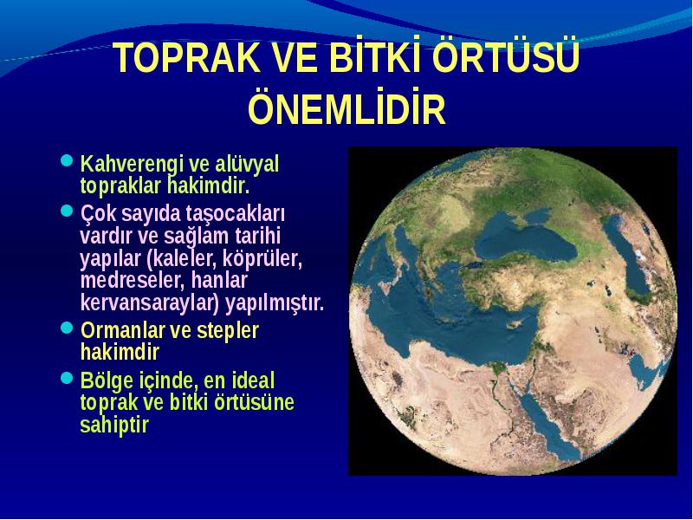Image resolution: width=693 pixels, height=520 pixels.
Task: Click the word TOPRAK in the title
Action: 186,58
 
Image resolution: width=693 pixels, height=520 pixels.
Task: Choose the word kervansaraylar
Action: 150,304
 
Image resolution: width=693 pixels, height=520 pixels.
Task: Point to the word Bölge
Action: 106,381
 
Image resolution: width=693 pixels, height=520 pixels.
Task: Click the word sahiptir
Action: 114,425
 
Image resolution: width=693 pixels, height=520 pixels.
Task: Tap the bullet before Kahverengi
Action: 67,160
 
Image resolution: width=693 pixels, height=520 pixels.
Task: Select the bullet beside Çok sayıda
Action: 67,210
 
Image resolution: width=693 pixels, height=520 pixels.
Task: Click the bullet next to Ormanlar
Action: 67,328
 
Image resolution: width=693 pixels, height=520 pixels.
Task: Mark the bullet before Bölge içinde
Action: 67,377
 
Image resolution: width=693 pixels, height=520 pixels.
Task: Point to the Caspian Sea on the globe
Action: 627,257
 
